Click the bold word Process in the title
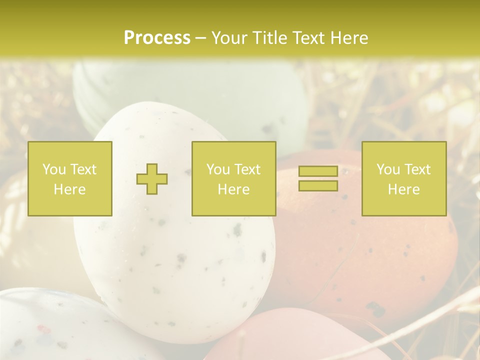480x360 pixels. click(157, 38)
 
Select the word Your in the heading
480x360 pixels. click(228, 38)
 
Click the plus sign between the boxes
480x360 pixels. click(152, 179)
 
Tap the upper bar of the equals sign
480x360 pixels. click(318, 171)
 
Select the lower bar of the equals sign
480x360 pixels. click(318, 186)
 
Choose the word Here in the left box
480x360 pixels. click(69, 189)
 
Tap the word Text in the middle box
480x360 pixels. click(247, 169)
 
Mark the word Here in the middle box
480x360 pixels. click(233, 189)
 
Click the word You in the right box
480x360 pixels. click(388, 169)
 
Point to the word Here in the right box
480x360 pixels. click(403, 189)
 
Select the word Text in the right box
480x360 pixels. click(417, 169)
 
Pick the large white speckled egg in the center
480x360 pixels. click(175, 260)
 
